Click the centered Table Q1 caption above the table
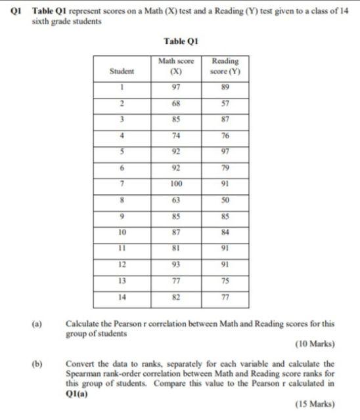180,41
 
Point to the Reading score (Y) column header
224,66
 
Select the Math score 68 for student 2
175,104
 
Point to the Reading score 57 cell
224,104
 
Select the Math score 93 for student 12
175,264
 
